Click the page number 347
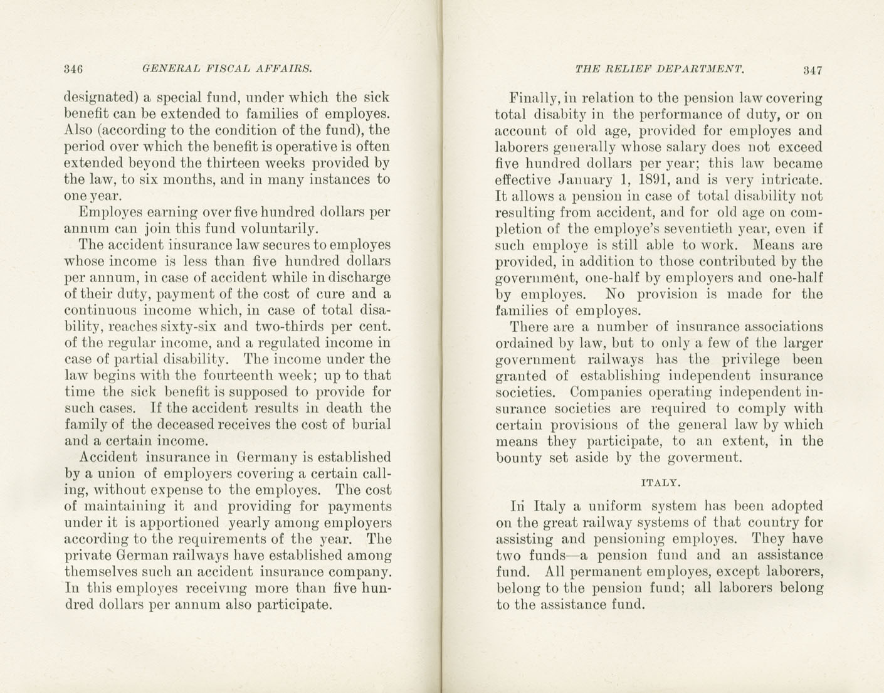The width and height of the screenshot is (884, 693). [x=811, y=70]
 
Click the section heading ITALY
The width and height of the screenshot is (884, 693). [x=659, y=483]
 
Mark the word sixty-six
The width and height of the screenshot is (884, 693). [x=192, y=327]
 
